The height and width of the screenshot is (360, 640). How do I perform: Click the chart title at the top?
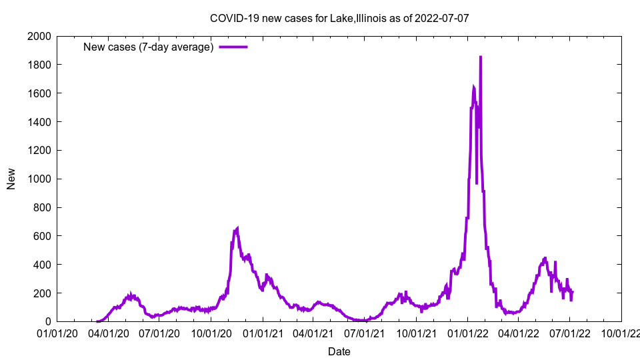tap(339, 18)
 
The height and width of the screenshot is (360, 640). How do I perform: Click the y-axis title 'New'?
tap(11, 179)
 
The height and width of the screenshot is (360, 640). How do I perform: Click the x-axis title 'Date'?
tap(339, 351)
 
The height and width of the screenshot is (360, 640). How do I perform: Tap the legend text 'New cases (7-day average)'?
tap(148, 47)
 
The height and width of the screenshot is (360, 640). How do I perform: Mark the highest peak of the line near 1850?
tap(481, 57)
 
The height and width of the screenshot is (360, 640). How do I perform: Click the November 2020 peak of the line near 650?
tap(237, 229)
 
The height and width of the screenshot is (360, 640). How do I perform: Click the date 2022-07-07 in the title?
tap(441, 18)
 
